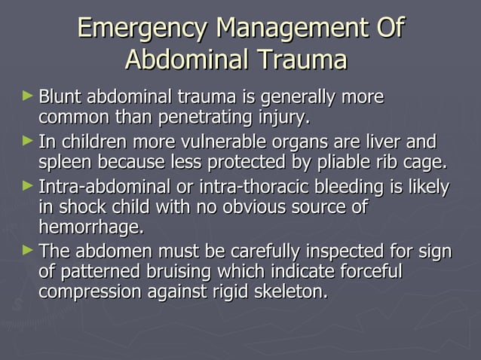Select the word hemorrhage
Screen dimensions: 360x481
point(90,227)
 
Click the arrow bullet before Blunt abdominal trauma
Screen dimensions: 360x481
point(29,98)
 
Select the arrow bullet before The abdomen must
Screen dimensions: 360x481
point(29,250)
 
